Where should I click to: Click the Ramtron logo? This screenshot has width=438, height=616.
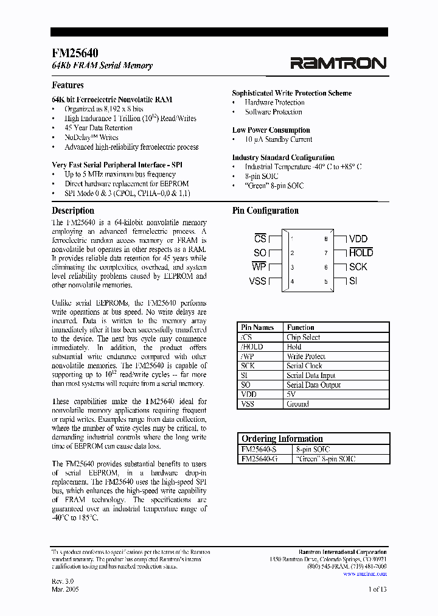click(338, 63)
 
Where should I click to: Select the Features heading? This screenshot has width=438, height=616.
click(68, 85)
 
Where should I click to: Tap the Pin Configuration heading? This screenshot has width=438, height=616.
click(265, 211)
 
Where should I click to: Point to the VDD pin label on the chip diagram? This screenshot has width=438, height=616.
click(358, 239)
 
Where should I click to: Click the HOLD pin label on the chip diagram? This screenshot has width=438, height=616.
click(361, 253)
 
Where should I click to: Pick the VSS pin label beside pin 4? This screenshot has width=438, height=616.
click(258, 281)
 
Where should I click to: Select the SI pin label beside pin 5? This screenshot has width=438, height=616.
click(353, 281)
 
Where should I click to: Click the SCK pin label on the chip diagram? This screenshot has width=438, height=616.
click(358, 267)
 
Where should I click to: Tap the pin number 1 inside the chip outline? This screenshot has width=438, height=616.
click(293, 239)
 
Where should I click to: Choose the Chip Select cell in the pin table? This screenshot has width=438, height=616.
click(304, 337)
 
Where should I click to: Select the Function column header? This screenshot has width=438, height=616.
click(301, 327)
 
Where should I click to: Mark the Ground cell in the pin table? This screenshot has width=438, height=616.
click(298, 404)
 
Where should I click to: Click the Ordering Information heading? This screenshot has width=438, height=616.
click(282, 439)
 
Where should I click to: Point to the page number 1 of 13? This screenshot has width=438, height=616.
click(377, 589)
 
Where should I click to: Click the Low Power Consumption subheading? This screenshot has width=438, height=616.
click(271, 130)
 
